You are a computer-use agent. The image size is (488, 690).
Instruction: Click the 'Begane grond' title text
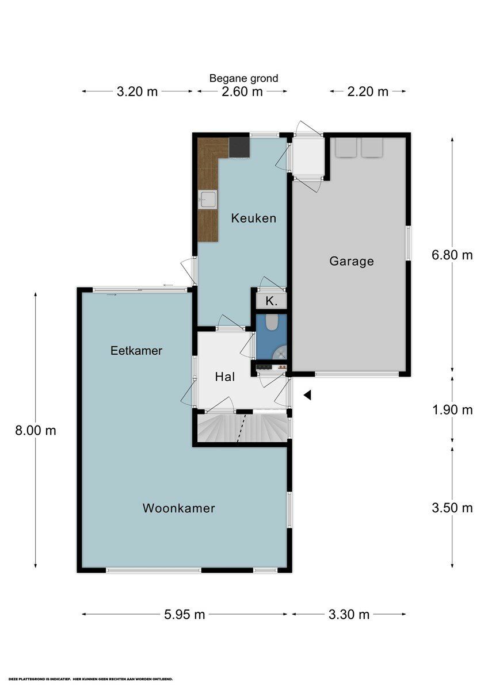point(243,78)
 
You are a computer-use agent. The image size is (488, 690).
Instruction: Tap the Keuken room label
point(254,218)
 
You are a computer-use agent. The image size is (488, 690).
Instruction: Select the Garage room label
point(351,261)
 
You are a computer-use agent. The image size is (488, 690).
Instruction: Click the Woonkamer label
point(179,508)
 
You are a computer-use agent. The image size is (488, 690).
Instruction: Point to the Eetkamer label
point(136,351)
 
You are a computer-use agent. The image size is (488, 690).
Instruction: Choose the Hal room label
point(224,377)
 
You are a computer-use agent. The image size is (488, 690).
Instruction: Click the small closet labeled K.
point(270,301)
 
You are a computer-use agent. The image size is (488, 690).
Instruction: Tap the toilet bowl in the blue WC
point(272,323)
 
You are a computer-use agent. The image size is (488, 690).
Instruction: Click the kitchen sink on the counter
point(208,200)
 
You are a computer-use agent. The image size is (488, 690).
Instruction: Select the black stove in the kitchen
point(239,147)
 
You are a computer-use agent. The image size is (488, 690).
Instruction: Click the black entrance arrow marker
point(307,395)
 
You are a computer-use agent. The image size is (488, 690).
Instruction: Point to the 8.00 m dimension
point(36,430)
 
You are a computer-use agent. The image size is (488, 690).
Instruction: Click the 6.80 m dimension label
point(452,255)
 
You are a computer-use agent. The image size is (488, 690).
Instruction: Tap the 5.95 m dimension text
point(185,614)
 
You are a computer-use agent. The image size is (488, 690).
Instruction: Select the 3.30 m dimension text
point(349,614)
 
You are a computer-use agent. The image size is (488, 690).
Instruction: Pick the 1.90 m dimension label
point(452,410)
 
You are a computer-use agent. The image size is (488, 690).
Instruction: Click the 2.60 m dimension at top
point(242,91)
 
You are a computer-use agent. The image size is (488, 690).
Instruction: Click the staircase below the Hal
point(242,428)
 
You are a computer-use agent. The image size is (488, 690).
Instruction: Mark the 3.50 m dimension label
point(452,508)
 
